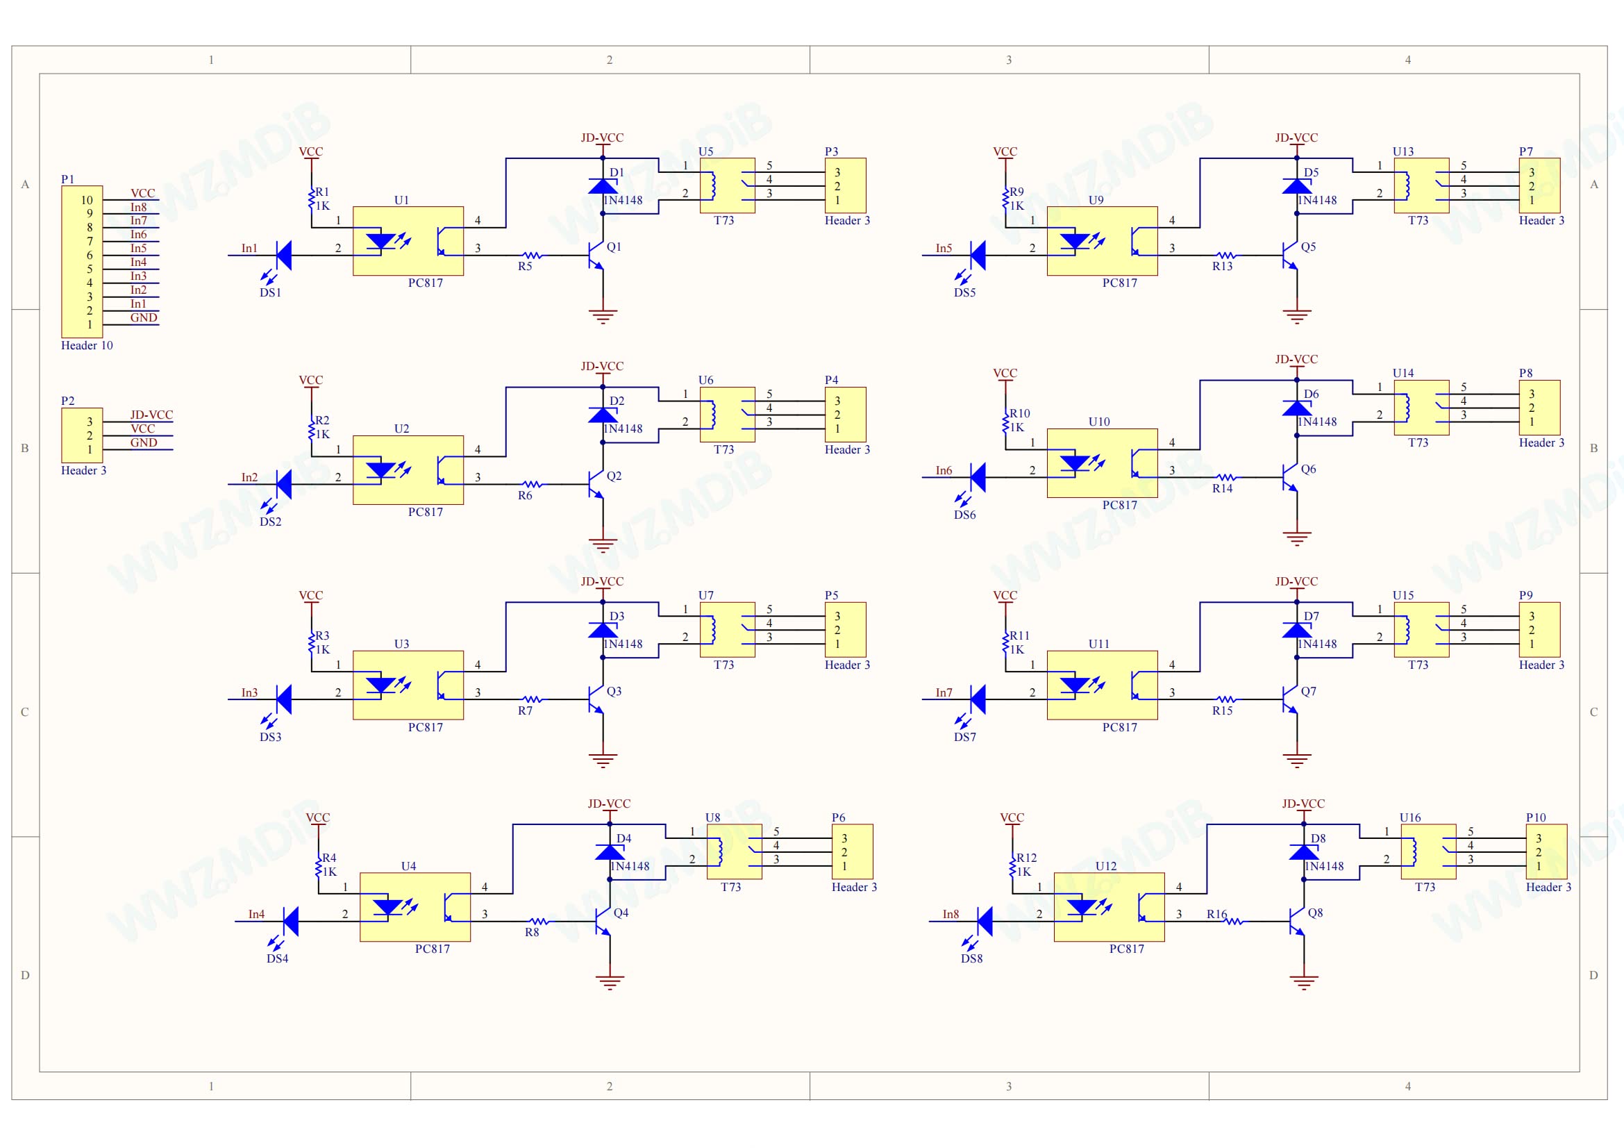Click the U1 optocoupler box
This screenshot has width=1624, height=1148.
tap(408, 241)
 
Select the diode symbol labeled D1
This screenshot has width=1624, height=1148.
tap(603, 186)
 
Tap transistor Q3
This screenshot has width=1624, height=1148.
tap(596, 699)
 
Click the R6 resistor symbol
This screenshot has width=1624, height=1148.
tap(532, 485)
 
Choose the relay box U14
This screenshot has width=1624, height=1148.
tap(1421, 408)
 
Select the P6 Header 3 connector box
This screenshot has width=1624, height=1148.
tap(853, 851)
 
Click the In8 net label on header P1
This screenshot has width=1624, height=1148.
tap(139, 207)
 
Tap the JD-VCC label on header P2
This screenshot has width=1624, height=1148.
tap(151, 415)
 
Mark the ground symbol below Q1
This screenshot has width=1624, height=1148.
tap(603, 316)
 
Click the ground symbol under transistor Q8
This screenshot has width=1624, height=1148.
tap(1304, 982)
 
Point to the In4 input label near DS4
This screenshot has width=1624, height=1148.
tap(256, 915)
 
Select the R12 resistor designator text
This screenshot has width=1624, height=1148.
tap(1026, 858)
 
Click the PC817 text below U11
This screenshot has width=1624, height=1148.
tap(1120, 727)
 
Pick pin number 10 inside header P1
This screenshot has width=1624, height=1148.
tap(86, 200)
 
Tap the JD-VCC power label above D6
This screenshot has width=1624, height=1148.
tap(1296, 359)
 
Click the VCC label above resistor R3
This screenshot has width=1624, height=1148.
tap(310, 596)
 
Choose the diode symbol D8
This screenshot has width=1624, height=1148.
tap(1304, 852)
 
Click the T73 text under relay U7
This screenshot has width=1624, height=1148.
tap(723, 665)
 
